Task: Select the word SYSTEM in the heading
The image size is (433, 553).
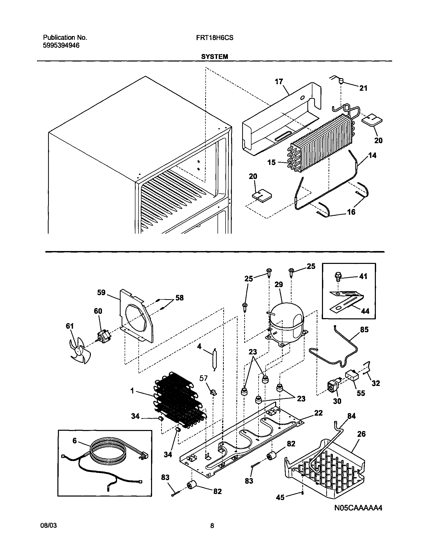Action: (x=214, y=57)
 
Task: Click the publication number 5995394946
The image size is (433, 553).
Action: (x=61, y=45)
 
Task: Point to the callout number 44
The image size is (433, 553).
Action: (x=365, y=311)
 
